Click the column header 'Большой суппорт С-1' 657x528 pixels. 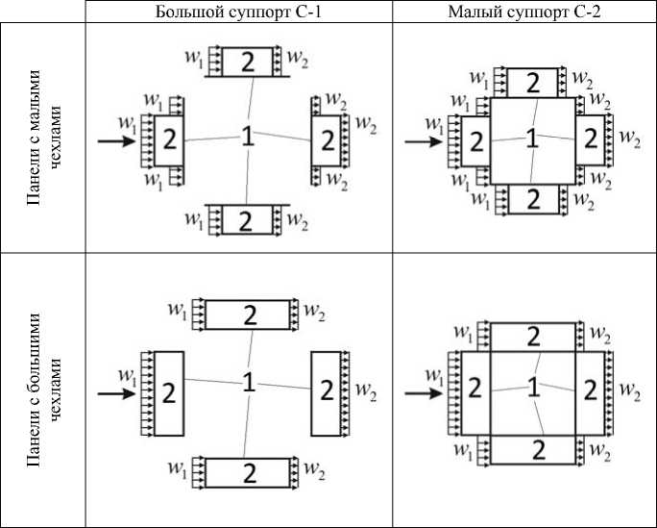point(238,12)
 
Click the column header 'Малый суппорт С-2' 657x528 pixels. point(524,12)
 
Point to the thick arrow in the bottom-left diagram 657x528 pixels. point(116,392)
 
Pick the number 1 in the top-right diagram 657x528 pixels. point(531,139)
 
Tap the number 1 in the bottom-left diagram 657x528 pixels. point(248,382)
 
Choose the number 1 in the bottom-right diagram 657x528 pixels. point(533,387)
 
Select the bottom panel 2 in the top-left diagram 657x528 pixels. point(245,220)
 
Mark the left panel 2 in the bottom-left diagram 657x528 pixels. point(168,393)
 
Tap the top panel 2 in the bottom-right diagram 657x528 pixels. point(532,337)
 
